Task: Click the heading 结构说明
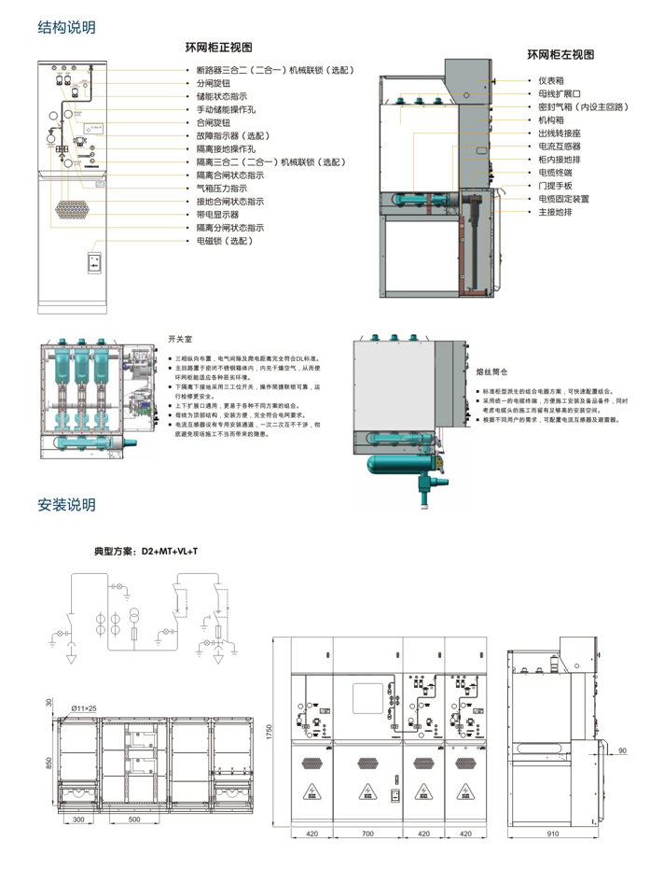tap(66, 27)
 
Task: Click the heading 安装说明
tap(66, 505)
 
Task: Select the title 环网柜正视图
tap(219, 48)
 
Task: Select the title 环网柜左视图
tap(560, 55)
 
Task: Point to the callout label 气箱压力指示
tap(221, 189)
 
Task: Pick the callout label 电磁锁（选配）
tap(224, 241)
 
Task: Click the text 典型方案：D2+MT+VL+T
tap(146, 553)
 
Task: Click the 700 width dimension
tap(367, 833)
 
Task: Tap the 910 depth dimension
tap(552, 833)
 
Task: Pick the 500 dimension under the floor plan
tap(134, 820)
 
